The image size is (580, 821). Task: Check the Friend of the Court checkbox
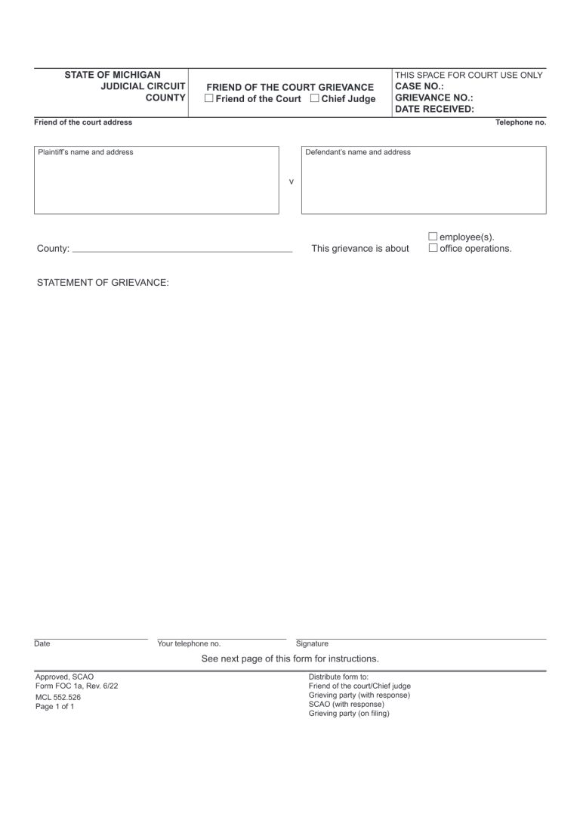pyautogui.click(x=209, y=99)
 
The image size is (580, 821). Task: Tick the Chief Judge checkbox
pyautogui.click(x=315, y=99)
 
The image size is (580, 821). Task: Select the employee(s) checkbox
pyautogui.click(x=433, y=237)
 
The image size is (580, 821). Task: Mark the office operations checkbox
pyautogui.click(x=433, y=248)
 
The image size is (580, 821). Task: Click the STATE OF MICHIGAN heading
pyautogui.click(x=113, y=75)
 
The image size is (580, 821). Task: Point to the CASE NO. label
pyautogui.click(x=419, y=86)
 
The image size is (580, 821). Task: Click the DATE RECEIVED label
pyautogui.click(x=435, y=109)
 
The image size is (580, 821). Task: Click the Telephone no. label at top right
pyautogui.click(x=520, y=122)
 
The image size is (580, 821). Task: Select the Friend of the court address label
pyautogui.click(x=83, y=122)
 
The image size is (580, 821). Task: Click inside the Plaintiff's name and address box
pyautogui.click(x=156, y=185)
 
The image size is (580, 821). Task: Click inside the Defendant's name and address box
pyautogui.click(x=423, y=185)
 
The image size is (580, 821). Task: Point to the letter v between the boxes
pyautogui.click(x=292, y=182)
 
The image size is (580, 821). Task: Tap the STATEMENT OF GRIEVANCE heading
pyautogui.click(x=103, y=283)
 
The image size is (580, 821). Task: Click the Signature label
pyautogui.click(x=312, y=644)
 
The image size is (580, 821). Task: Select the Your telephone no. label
pyautogui.click(x=189, y=644)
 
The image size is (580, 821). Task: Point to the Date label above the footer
pyautogui.click(x=42, y=644)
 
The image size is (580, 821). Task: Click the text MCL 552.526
pyautogui.click(x=58, y=697)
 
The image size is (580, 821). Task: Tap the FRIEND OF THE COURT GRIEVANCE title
pyautogui.click(x=290, y=87)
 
